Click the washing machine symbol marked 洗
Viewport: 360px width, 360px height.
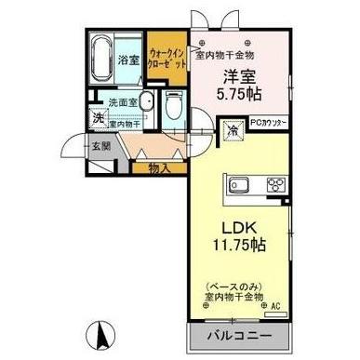(99, 120)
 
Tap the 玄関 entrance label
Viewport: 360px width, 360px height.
(100, 145)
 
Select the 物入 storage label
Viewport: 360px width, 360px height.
(158, 167)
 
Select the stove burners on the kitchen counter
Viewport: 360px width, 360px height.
(275, 182)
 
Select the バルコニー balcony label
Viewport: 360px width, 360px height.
(237, 334)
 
